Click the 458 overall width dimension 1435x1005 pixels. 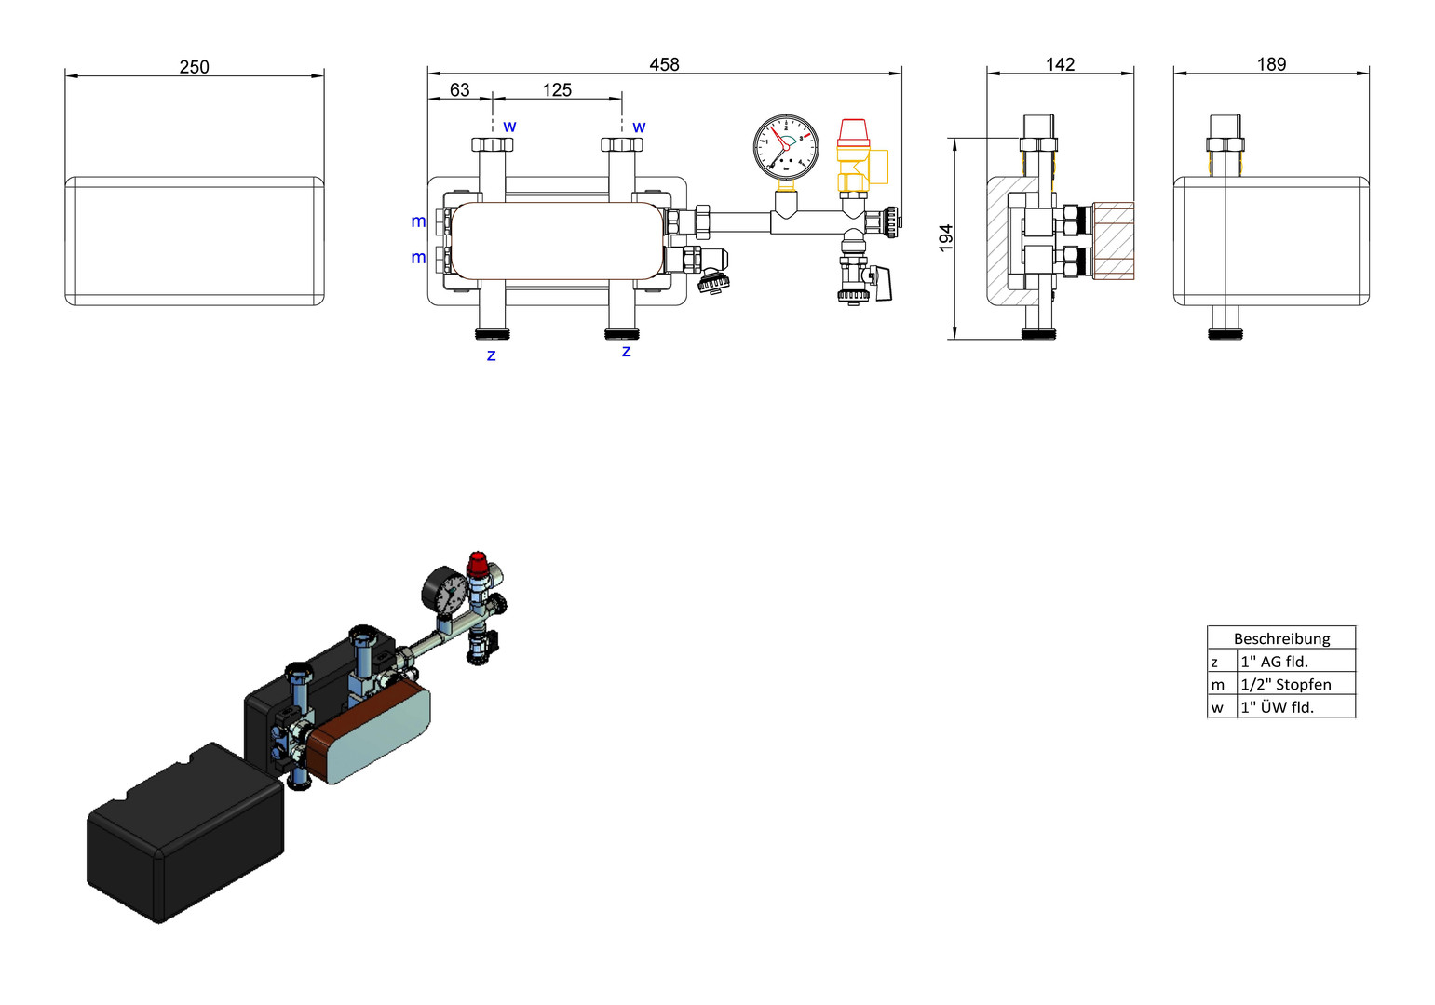coord(664,64)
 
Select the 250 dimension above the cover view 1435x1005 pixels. coord(194,67)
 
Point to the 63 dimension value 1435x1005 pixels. coord(459,90)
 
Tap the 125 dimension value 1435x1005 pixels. coord(557,90)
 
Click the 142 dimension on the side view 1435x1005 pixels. coord(1061,64)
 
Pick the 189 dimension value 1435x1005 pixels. coord(1272,64)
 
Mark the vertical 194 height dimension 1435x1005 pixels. coord(945,238)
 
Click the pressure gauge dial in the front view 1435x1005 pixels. coord(786,147)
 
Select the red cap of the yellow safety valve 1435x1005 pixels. coord(853,132)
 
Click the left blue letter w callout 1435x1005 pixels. coord(509,127)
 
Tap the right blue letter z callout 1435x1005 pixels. coord(627,351)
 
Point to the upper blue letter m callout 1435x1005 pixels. coord(418,221)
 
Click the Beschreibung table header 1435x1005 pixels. coord(1281,638)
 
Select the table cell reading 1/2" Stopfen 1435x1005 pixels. coord(1286,684)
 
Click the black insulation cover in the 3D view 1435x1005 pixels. coord(185,833)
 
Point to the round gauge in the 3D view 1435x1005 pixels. coord(444,591)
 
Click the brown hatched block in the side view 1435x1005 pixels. coord(1113,241)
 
